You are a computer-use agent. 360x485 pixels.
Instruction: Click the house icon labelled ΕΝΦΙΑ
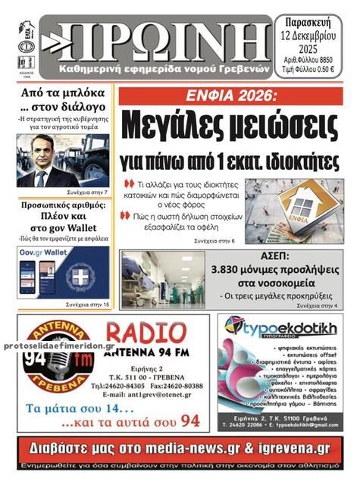pyautogui.click(x=306, y=208)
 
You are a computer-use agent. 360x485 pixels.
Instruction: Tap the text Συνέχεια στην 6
pyautogui.click(x=214, y=240)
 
